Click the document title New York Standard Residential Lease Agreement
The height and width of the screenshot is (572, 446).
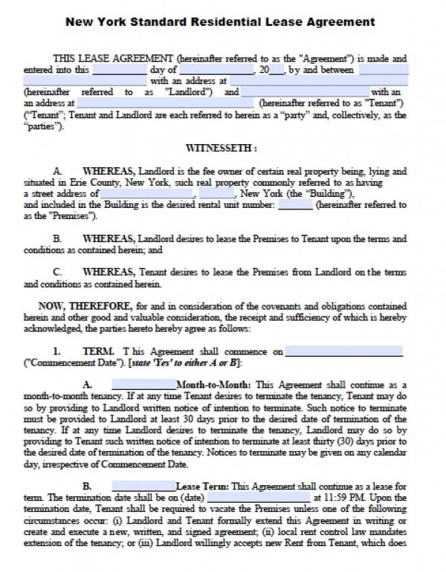point(221,22)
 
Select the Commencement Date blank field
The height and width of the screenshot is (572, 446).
point(343,351)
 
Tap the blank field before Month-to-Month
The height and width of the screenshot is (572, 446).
point(143,384)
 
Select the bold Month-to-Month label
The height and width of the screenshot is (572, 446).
point(213,385)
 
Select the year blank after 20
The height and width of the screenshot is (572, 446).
point(276,70)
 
